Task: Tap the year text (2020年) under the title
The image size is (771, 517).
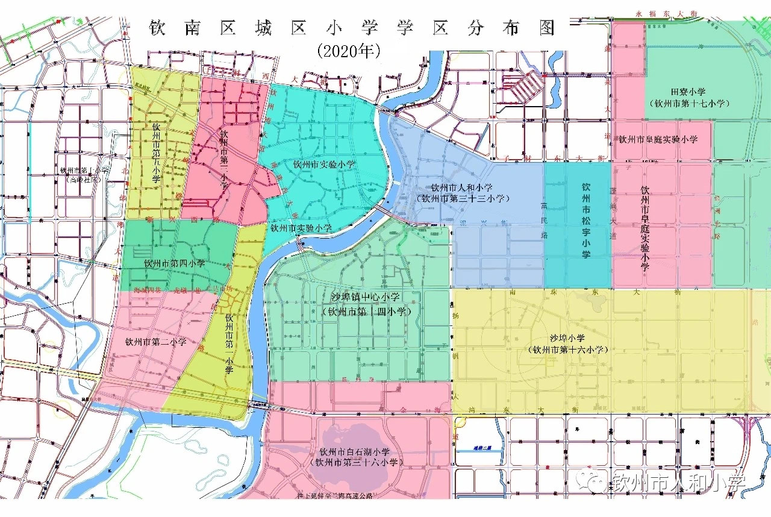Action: (349, 51)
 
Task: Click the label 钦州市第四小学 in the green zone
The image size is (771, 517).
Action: (175, 264)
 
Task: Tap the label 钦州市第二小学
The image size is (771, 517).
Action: (155, 342)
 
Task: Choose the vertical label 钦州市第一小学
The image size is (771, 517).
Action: (229, 344)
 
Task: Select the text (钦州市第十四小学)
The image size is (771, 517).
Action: (367, 312)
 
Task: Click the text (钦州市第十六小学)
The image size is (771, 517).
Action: (567, 349)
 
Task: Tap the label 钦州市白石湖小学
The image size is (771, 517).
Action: (355, 451)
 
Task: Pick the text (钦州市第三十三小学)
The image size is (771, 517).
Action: (463, 198)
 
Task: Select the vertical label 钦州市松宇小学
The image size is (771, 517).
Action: (586, 221)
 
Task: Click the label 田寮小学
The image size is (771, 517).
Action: (688, 92)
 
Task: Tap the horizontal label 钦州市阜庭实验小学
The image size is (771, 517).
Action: (658, 139)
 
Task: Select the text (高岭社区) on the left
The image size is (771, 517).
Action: (84, 178)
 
